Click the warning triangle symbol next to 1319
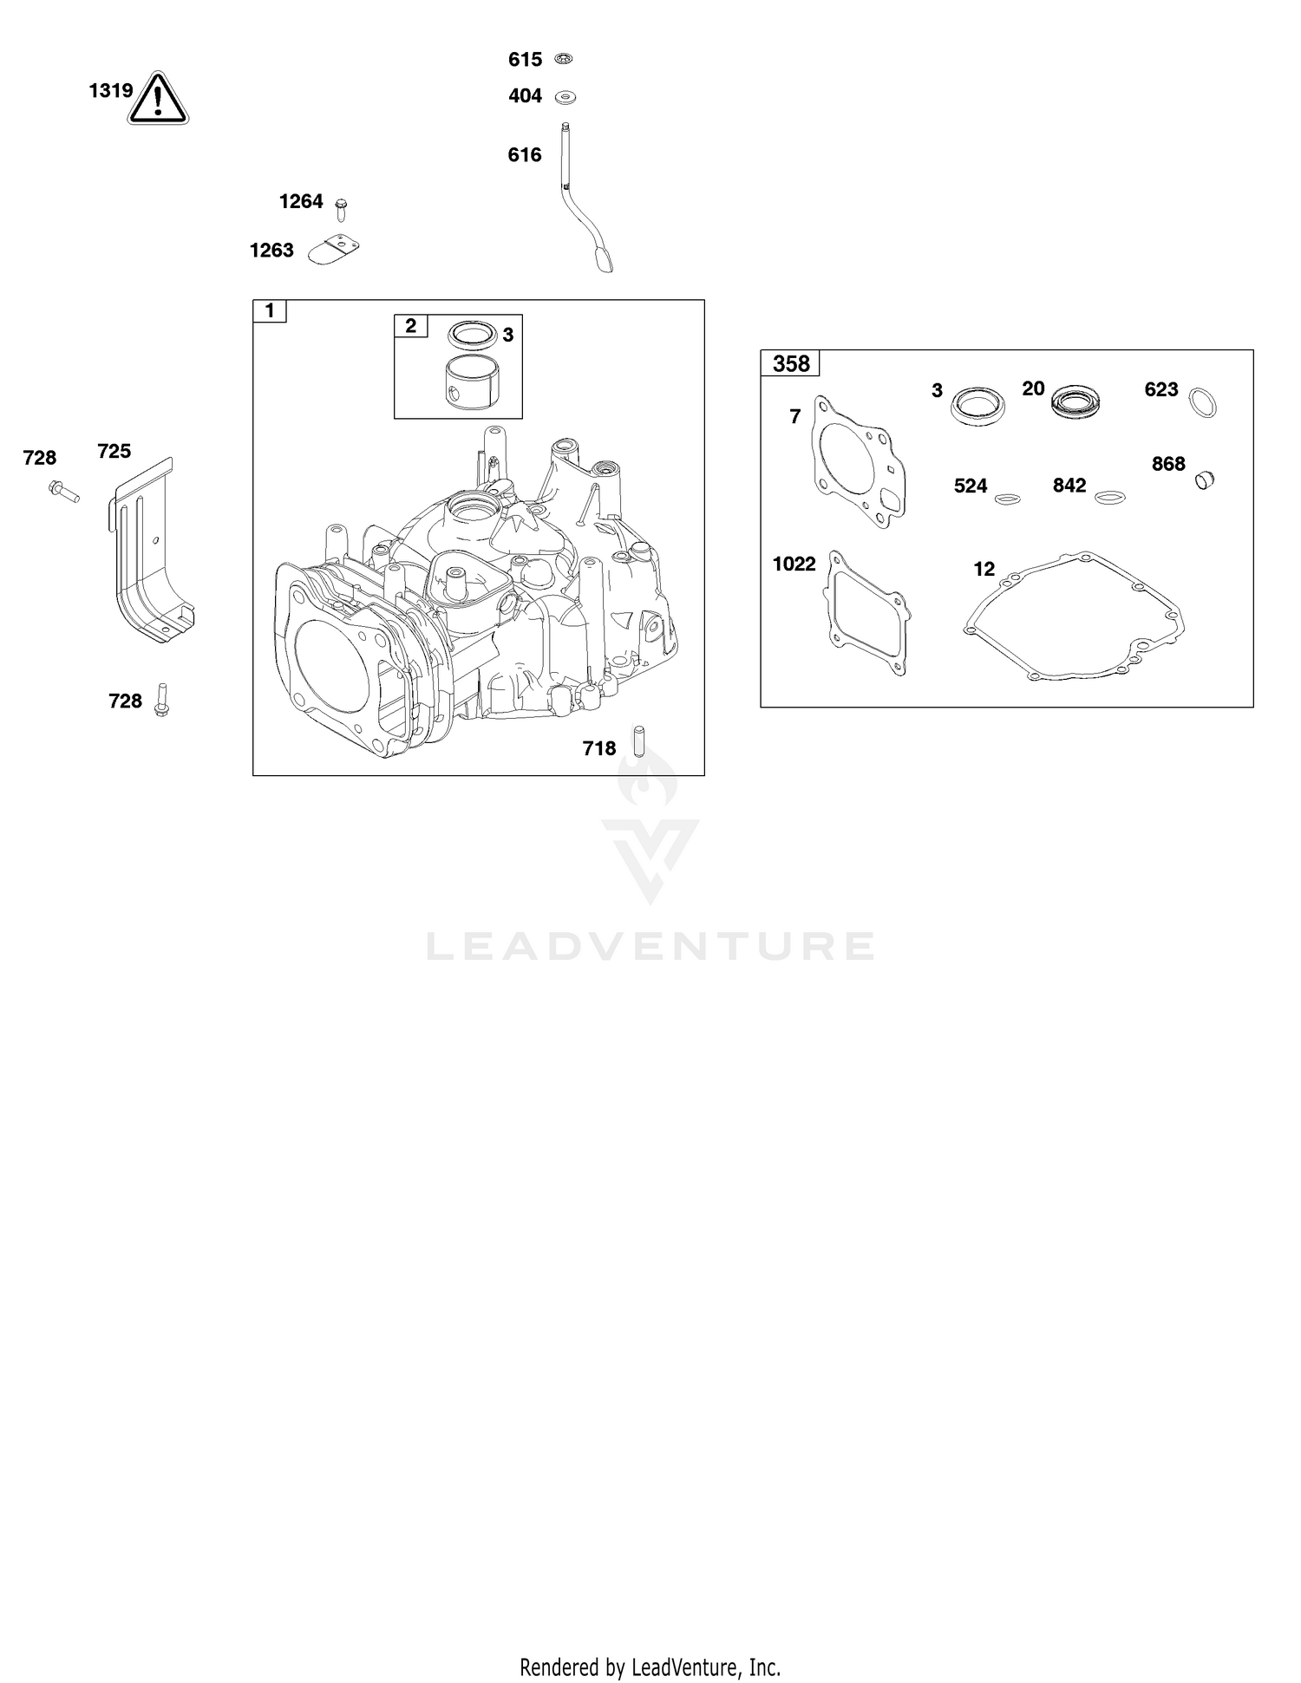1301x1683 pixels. point(159,98)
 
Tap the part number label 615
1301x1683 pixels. point(525,60)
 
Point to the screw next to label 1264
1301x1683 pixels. point(341,209)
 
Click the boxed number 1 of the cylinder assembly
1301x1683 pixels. point(270,311)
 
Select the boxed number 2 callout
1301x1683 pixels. point(411,326)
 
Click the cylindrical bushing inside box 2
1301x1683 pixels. point(470,380)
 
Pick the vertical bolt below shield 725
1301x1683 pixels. point(161,700)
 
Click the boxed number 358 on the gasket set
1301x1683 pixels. point(791,363)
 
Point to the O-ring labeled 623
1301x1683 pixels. point(1202,403)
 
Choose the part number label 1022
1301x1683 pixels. point(794,564)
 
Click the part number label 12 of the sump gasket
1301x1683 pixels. point(984,569)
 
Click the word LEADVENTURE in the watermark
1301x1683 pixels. point(650,946)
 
